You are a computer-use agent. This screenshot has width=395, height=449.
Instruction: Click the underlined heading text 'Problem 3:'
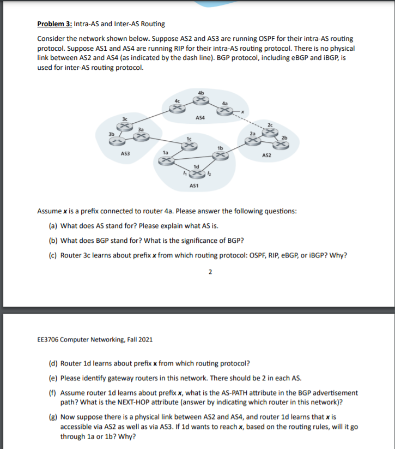tap(54, 24)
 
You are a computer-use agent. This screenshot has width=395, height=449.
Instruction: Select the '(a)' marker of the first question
tap(53, 225)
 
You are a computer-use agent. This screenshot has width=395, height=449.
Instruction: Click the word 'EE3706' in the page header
tap(48, 339)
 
